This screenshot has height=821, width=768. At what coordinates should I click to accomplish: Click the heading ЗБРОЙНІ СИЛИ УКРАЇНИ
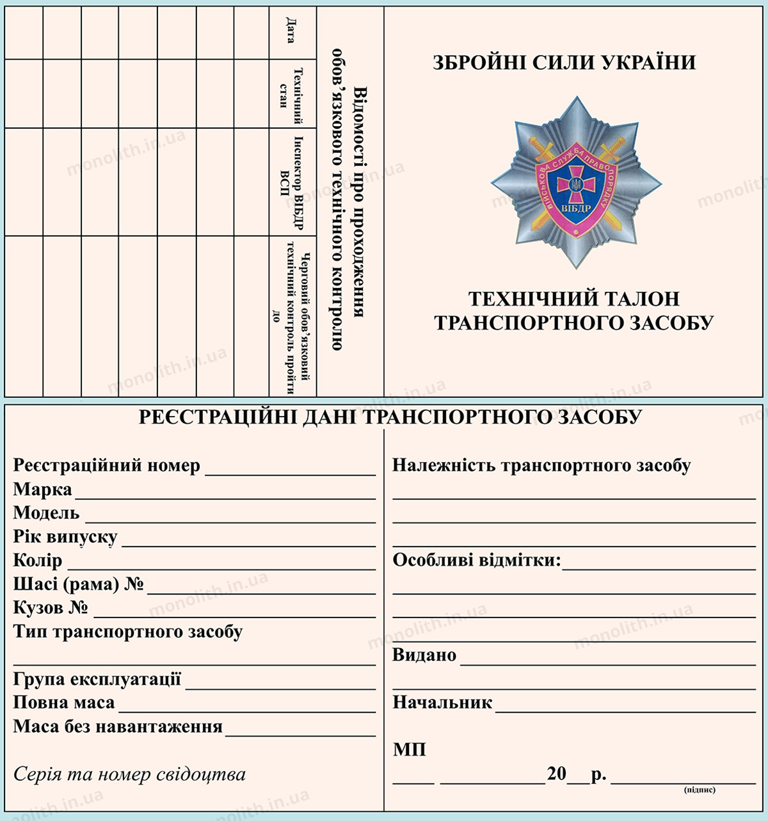pos(564,63)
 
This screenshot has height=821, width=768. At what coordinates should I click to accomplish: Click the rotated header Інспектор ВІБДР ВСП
pos(291,182)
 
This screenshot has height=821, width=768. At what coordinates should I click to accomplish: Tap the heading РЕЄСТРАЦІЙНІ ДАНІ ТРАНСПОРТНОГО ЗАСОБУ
pos(390,417)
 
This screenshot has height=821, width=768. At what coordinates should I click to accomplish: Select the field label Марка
pos(42,490)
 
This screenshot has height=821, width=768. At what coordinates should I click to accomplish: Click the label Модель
pos(46,513)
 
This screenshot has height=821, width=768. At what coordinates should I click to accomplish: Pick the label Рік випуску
pos(65,537)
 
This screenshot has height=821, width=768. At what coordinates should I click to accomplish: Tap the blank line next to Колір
pos(221,566)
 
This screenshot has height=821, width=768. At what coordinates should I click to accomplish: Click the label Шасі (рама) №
pos(78,584)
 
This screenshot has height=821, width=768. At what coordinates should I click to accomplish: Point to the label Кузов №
pos(51,607)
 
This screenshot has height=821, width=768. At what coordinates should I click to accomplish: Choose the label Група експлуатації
pos(97,679)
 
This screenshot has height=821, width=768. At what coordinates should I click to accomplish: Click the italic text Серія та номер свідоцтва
pos(129,775)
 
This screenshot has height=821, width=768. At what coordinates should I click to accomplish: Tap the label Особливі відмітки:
pos(476,561)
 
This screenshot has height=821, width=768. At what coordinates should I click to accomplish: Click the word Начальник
pos(442,703)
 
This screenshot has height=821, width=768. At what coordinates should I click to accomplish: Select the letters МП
pos(409,749)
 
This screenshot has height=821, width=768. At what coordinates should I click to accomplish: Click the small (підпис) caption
pos(700,790)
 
